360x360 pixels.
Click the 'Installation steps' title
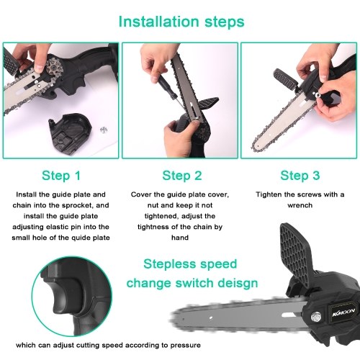[181, 22]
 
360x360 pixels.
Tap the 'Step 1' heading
[61, 176]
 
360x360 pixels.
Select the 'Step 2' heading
[182, 176]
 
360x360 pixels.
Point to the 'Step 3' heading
[300, 176]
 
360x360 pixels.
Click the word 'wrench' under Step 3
[300, 205]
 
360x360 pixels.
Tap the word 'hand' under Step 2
[180, 238]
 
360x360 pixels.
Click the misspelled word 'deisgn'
[238, 283]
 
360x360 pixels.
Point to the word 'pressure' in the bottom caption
[186, 346]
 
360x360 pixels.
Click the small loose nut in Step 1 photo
[104, 130]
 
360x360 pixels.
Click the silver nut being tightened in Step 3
[318, 95]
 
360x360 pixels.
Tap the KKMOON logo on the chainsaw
[343, 312]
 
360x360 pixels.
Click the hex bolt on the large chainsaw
[316, 318]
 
